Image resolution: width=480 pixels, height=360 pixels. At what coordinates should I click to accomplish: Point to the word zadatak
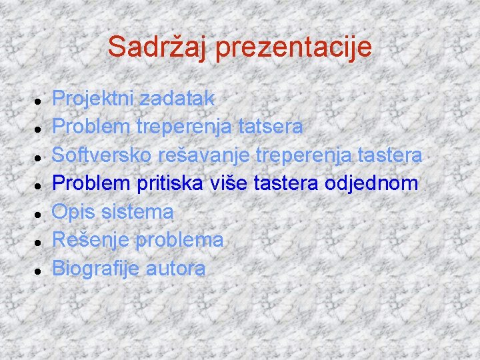click(x=175, y=99)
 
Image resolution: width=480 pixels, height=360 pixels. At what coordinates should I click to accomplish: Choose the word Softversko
click(x=103, y=156)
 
